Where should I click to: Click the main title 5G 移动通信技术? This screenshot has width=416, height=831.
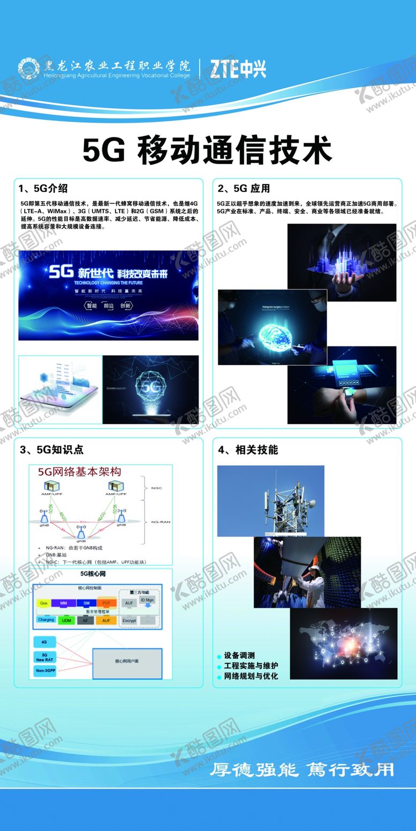click(x=207, y=150)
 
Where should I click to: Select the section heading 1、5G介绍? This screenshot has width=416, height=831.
click(x=42, y=188)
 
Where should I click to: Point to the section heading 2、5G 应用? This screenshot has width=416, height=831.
click(x=244, y=188)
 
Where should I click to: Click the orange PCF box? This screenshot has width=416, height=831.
click(x=106, y=603)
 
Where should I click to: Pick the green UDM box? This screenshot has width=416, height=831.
click(x=66, y=620)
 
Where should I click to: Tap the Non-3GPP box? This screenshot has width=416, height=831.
click(x=45, y=671)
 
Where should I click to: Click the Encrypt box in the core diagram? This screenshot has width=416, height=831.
click(x=129, y=620)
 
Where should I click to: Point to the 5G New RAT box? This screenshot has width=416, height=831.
click(x=45, y=657)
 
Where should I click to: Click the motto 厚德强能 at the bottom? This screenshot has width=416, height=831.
click(x=252, y=770)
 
